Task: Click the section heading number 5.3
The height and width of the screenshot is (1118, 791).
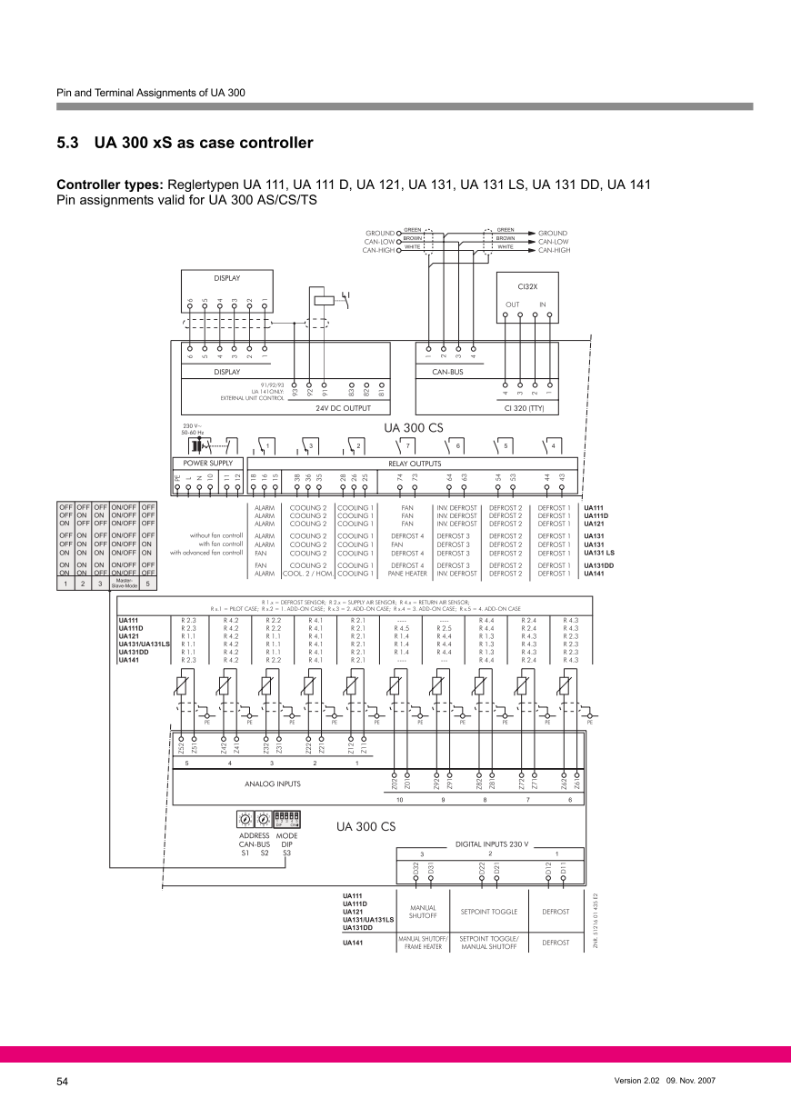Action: [x=69, y=144]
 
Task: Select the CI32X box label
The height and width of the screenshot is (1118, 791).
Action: [x=527, y=285]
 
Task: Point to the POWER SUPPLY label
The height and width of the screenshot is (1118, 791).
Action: [x=208, y=464]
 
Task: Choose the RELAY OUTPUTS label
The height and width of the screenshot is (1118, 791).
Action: [x=415, y=464]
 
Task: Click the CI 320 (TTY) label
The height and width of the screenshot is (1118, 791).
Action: [x=527, y=408]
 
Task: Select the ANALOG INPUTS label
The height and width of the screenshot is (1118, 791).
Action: [x=273, y=783]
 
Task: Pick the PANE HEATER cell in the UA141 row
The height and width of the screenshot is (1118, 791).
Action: [x=406, y=574]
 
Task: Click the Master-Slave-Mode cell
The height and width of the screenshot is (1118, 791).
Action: [x=123, y=583]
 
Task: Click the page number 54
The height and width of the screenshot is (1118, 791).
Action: [x=63, y=1082]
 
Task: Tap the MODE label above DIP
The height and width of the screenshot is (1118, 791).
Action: [x=286, y=835]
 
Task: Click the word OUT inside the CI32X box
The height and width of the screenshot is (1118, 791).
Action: [x=512, y=304]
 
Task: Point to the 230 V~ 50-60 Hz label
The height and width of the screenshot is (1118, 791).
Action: [x=193, y=428]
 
